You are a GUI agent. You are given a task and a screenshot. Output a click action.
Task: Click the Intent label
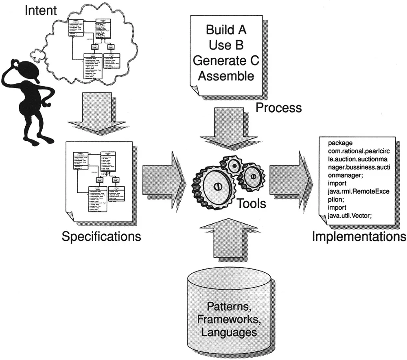point(41,10)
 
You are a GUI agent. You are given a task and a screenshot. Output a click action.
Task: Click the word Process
point(279,108)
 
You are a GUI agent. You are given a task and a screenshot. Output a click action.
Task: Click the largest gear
point(217,186)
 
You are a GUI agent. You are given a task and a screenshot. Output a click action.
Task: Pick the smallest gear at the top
point(235,165)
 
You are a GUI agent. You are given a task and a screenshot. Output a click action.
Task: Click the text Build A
point(226,30)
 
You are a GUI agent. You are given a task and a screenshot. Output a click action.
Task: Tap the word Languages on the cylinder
point(229,332)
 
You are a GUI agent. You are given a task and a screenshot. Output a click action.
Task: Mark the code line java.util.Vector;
point(350,216)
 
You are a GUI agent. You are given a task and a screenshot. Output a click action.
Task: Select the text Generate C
point(226,60)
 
